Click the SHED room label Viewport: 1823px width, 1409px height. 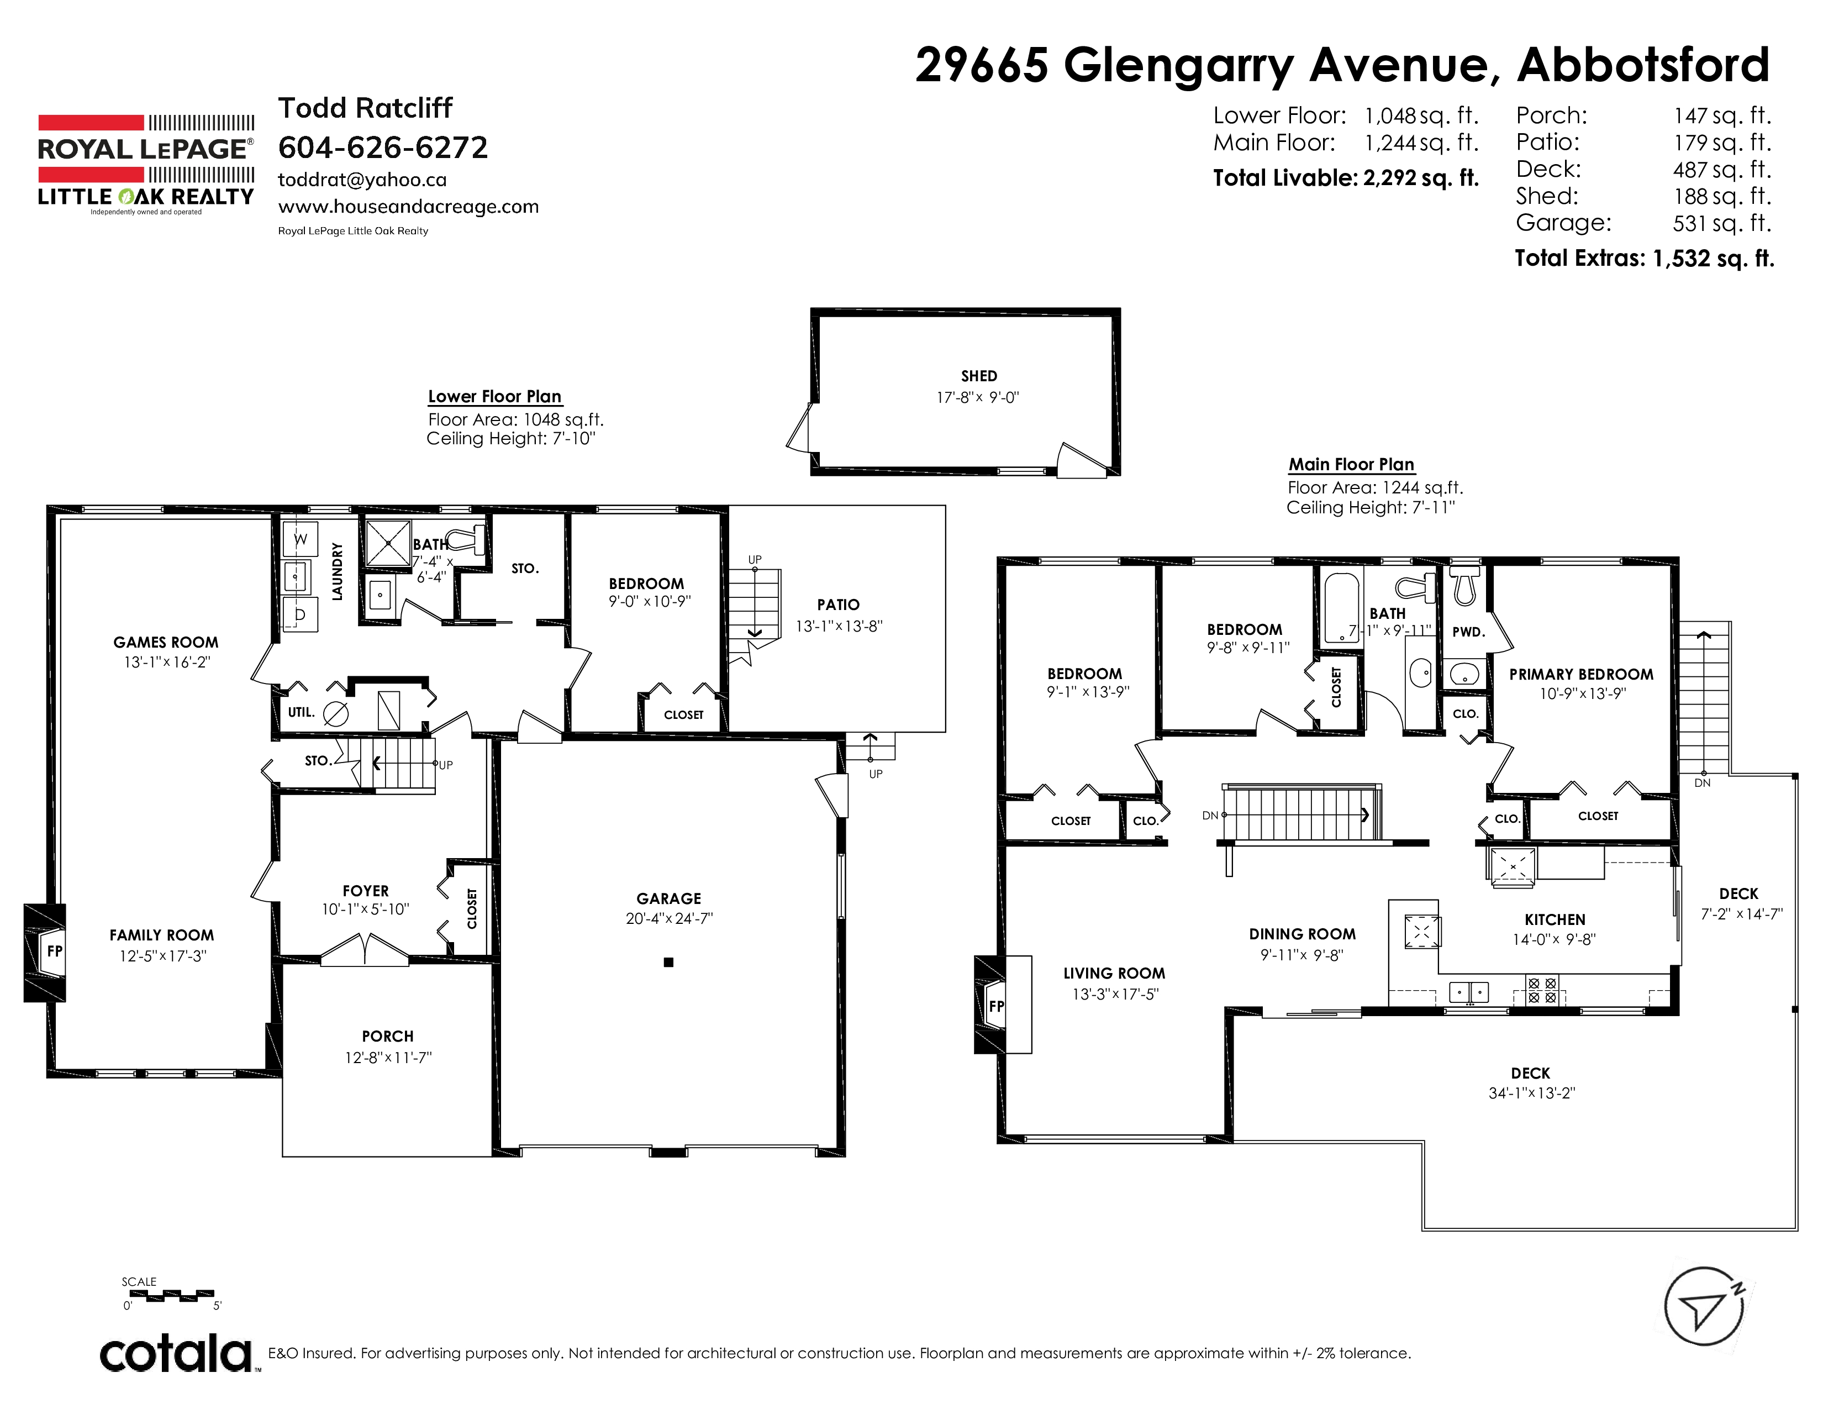tap(979, 376)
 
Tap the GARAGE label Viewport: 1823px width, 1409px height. tap(668, 899)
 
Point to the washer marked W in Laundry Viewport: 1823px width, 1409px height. tap(301, 539)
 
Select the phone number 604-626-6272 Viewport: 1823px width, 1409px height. tap(383, 148)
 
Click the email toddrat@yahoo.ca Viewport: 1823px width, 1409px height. tap(362, 180)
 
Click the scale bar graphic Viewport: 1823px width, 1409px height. tap(172, 1295)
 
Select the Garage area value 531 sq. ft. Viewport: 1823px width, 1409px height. tap(1721, 223)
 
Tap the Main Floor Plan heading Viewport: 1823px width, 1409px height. tap(1351, 464)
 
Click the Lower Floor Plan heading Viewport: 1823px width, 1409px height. tap(494, 397)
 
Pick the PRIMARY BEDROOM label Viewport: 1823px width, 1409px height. tap(1581, 675)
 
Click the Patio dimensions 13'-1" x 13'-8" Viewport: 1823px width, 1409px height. tap(839, 626)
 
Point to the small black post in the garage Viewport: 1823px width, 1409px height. tap(668, 963)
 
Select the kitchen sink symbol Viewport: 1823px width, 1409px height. tap(1468, 992)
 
